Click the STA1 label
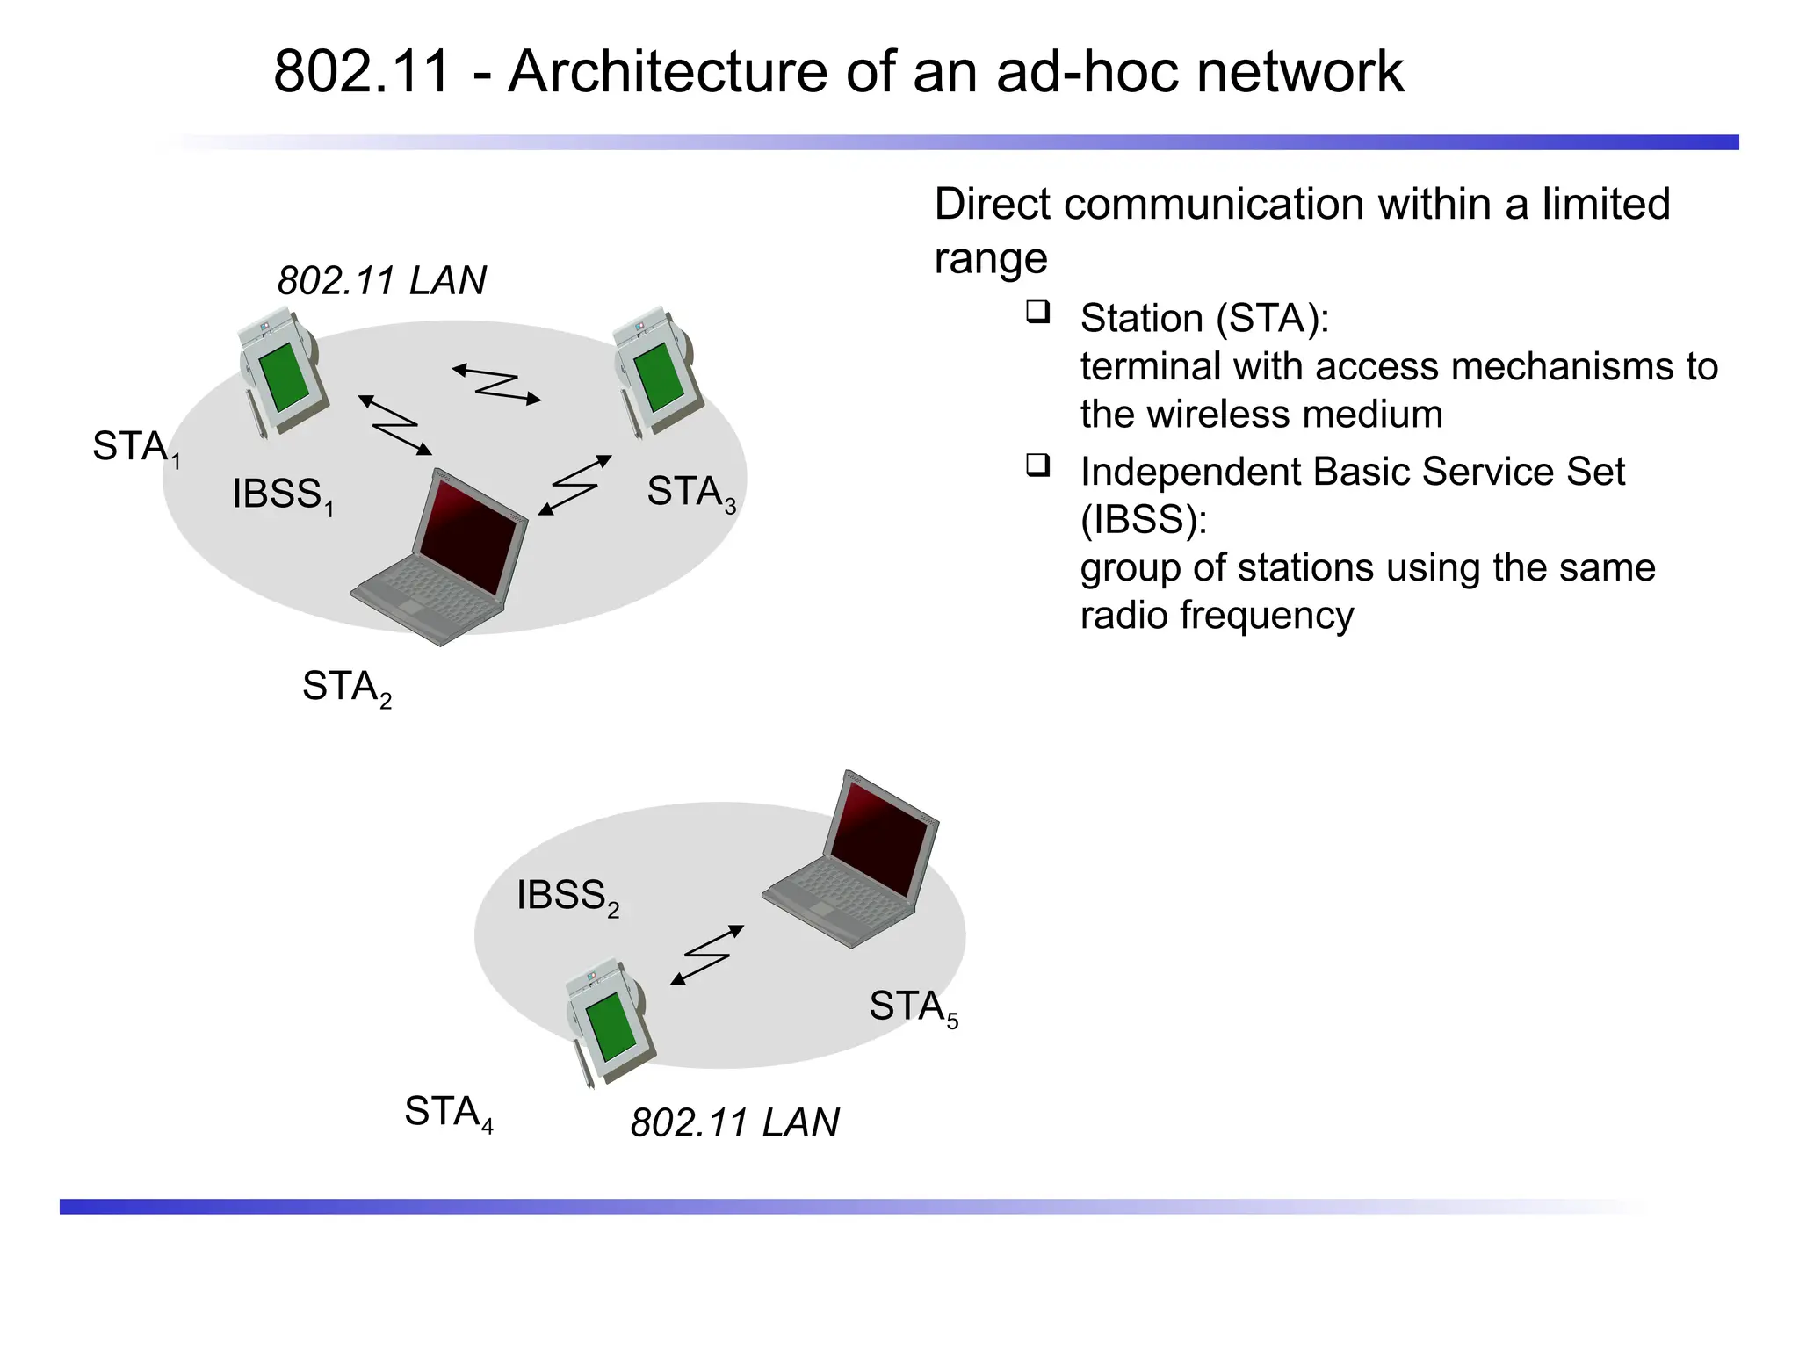pyautogui.click(x=135, y=447)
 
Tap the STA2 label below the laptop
pyautogui.click(x=345, y=687)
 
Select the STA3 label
pyautogui.click(x=690, y=492)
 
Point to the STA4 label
pyautogui.click(x=447, y=1113)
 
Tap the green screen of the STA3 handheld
pyautogui.click(x=659, y=377)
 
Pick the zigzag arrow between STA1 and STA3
pyautogui.click(x=496, y=385)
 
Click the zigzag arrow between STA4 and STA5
pyautogui.click(x=707, y=955)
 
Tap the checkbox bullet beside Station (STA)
pyautogui.click(x=1037, y=312)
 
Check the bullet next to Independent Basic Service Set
pyautogui.click(x=1037, y=465)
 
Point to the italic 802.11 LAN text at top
pyautogui.click(x=381, y=281)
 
